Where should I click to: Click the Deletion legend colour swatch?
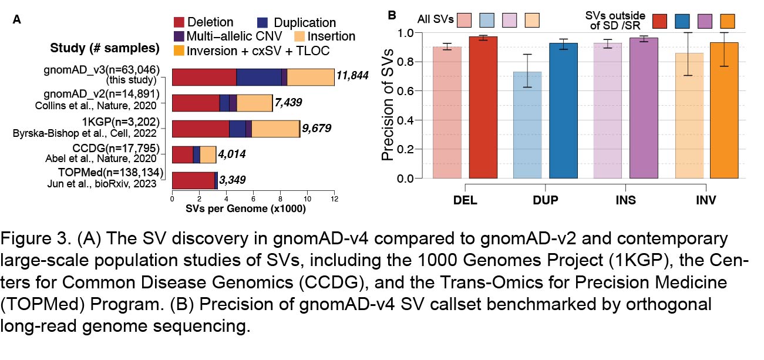click(x=179, y=23)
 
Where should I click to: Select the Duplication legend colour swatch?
click(x=264, y=23)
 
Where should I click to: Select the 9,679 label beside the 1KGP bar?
click(x=318, y=128)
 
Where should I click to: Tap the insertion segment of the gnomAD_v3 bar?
click(x=311, y=77)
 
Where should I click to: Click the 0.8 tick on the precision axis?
click(x=405, y=62)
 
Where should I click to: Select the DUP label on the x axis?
click(x=546, y=200)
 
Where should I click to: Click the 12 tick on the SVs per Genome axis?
click(x=335, y=199)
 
